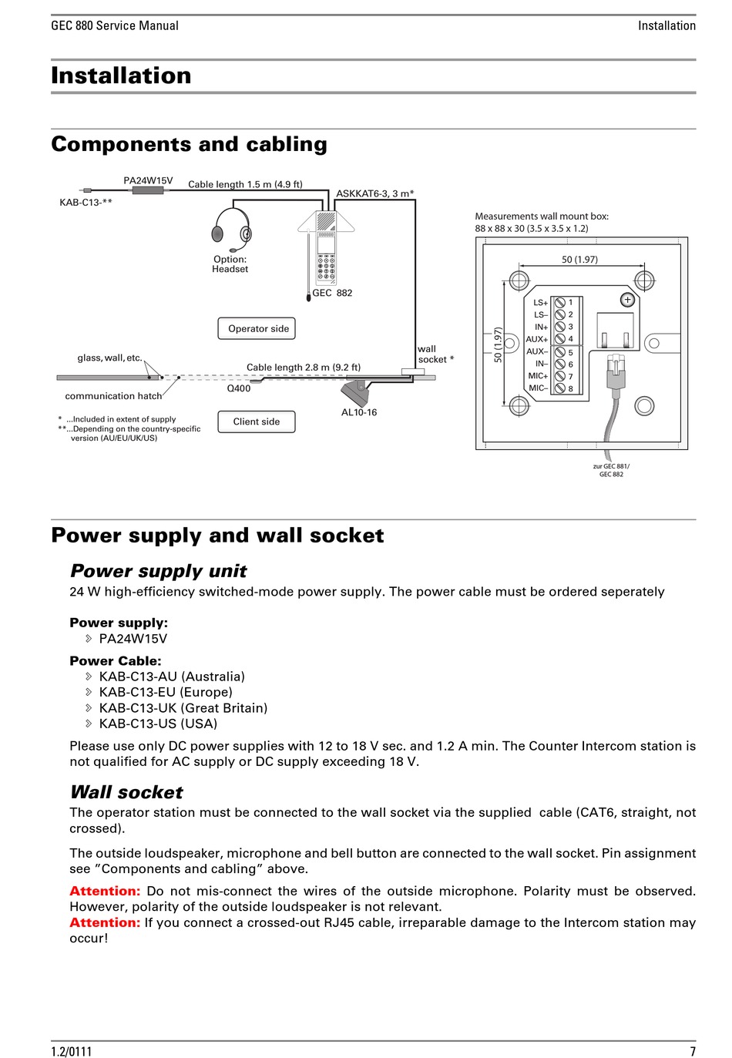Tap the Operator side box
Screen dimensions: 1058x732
pos(257,328)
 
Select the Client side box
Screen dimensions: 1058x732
pos(257,422)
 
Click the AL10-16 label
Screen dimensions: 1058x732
pos(359,412)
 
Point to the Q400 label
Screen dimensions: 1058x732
pos(238,388)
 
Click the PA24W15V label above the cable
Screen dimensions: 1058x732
pos(148,180)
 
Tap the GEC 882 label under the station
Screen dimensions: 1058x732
pos(332,293)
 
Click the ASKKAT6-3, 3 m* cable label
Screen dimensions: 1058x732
pos(374,193)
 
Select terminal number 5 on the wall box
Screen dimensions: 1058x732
pos(571,352)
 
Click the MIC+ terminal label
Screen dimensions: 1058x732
pos(538,376)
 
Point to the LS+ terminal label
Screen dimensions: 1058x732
pos(540,303)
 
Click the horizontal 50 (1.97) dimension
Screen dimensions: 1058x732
pos(579,260)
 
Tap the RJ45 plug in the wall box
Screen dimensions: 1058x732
pos(615,373)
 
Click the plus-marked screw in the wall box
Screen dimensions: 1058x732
pos(628,300)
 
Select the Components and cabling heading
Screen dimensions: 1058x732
pos(189,144)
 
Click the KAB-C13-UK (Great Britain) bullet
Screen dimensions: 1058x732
pos(183,707)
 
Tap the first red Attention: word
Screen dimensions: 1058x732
pos(105,891)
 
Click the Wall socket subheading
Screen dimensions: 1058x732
pos(126,792)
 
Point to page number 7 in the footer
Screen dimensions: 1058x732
pos(693,1051)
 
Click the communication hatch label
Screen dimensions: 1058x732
pos(113,396)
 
